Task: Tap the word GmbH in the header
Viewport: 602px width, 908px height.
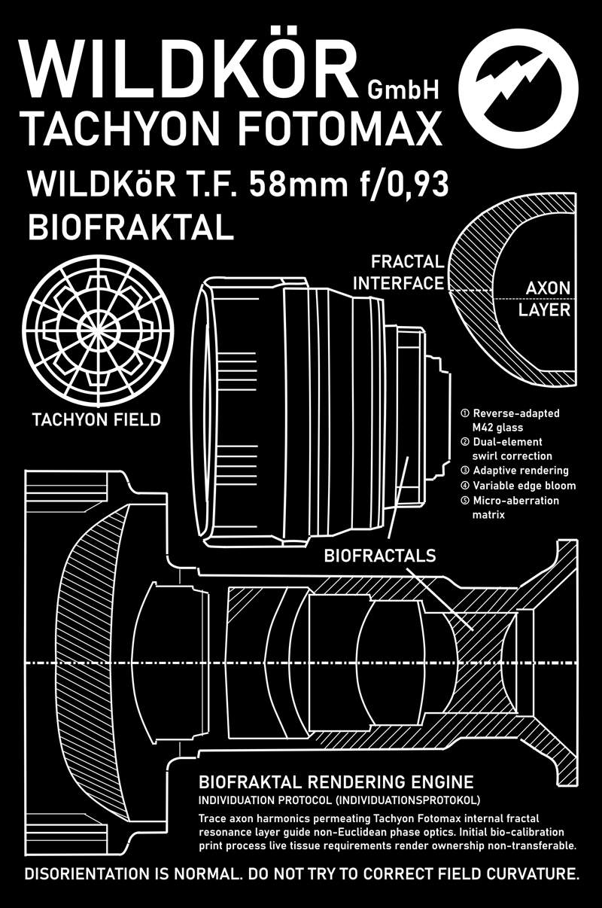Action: (x=403, y=90)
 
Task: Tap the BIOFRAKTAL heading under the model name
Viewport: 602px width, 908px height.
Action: (x=129, y=225)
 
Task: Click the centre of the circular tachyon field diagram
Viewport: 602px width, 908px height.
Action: (x=97, y=331)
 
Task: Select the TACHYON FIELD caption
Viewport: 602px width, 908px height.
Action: (x=96, y=419)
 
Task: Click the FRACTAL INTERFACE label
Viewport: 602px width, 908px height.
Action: (x=399, y=273)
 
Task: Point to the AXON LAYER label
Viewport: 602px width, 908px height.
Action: (x=547, y=299)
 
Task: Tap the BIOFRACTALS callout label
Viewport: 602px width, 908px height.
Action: (x=380, y=556)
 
